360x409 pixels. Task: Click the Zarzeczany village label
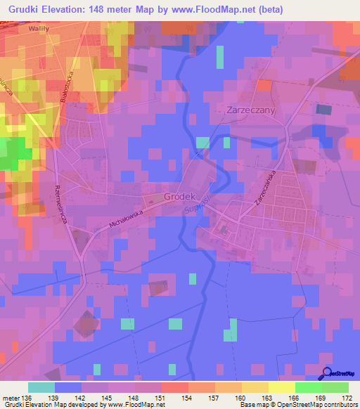(x=251, y=110)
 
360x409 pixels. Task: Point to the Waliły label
(x=39, y=30)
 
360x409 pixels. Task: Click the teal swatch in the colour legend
(x=41, y=387)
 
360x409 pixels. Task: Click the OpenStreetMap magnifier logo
(x=326, y=374)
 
